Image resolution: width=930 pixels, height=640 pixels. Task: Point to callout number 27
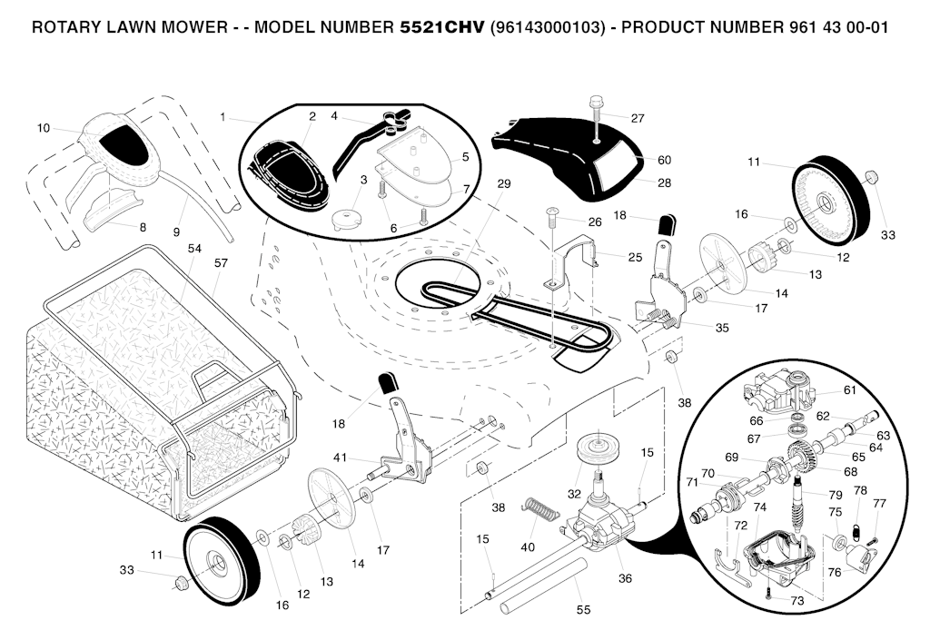638,118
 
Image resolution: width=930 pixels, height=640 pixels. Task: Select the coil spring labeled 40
539,510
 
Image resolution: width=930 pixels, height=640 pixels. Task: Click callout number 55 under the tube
583,610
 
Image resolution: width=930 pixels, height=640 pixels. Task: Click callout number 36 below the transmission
625,577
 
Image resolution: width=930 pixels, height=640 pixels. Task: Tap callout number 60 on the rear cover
664,160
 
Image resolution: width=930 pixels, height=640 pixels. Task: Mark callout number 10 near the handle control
44,128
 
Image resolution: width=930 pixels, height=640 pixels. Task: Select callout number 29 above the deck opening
504,183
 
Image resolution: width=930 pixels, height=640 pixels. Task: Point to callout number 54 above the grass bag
194,248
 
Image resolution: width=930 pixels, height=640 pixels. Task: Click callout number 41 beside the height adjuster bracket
340,457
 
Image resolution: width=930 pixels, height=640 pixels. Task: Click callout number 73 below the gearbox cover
797,601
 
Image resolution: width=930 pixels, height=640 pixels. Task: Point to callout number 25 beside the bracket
635,257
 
